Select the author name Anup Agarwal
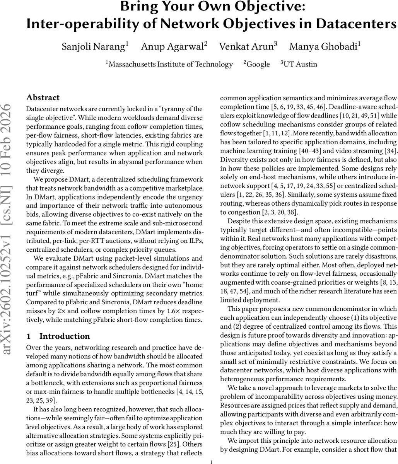pyautogui.click(x=173, y=47)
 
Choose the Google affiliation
pyautogui.click(x=258, y=64)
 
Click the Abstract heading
pyautogui.click(x=43, y=97)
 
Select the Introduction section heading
pyautogui.click(x=64, y=336)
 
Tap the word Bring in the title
pyautogui.click(x=138, y=7)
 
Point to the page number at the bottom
pyautogui.click(x=211, y=462)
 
